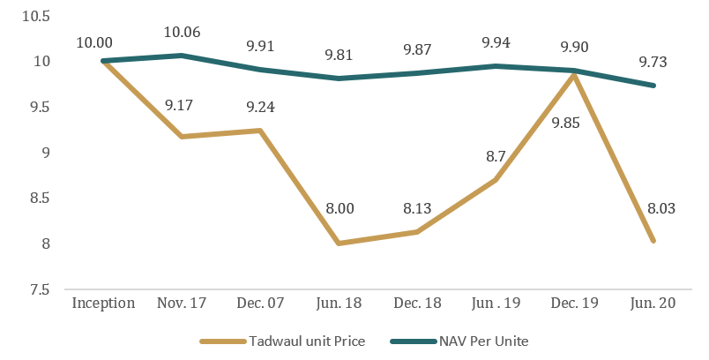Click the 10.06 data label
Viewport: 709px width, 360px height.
(182, 33)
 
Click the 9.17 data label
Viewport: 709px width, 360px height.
(182, 105)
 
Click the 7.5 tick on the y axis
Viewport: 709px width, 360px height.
(39, 289)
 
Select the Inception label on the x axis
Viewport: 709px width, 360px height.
(103, 304)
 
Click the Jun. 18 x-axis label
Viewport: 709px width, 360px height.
(339, 304)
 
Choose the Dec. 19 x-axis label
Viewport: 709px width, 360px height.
(575, 304)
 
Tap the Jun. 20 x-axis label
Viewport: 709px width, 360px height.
(653, 304)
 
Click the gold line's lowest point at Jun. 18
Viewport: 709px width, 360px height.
(339, 243)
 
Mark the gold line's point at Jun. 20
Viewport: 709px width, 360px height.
(653, 240)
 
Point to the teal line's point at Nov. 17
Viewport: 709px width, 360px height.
(182, 56)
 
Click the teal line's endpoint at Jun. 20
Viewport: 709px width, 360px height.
(653, 86)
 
